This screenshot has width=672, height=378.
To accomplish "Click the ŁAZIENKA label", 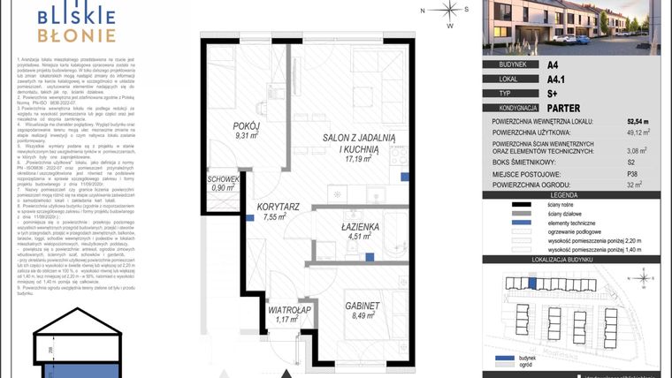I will [x=360, y=226].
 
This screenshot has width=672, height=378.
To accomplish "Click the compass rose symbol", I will [x=451, y=11].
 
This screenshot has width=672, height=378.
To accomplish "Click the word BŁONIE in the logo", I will [x=77, y=35].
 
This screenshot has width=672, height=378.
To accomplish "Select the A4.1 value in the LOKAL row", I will [x=554, y=79].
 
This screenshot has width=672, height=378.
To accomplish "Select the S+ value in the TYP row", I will [x=551, y=92].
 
